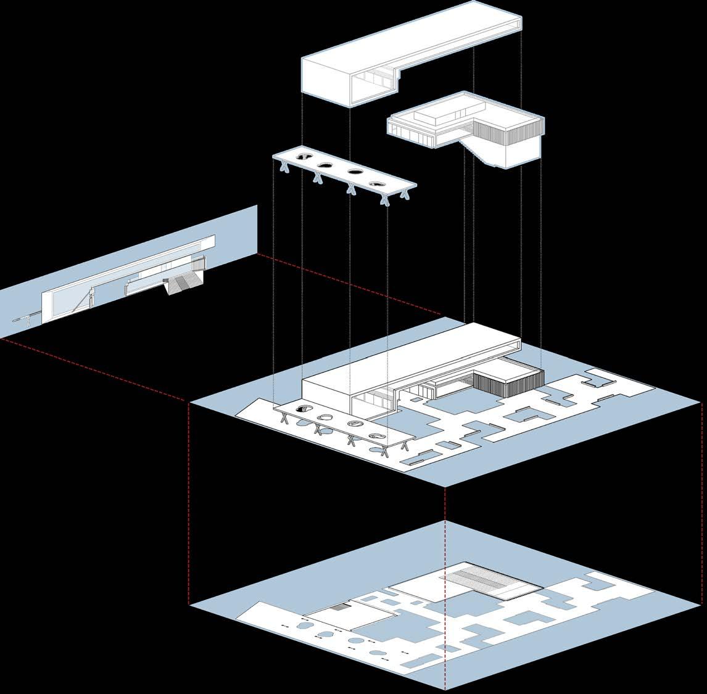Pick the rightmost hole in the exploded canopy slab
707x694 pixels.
pyautogui.click(x=376, y=183)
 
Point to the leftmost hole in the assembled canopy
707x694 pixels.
pyautogui.click(x=303, y=408)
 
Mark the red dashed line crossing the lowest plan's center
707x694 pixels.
pyautogui.click(x=445, y=592)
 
